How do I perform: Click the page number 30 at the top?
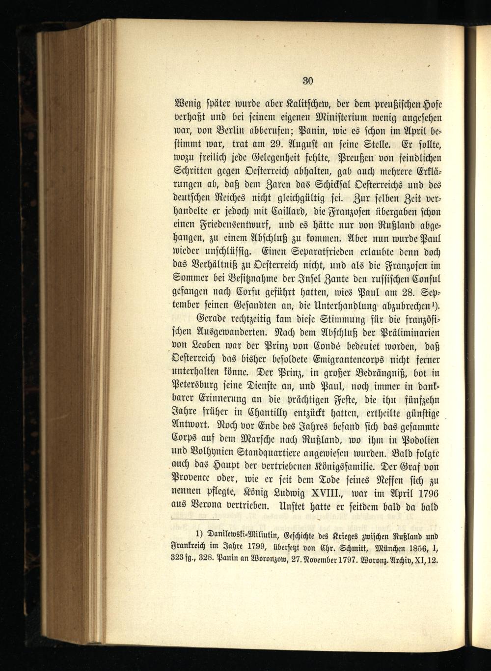click(308, 81)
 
